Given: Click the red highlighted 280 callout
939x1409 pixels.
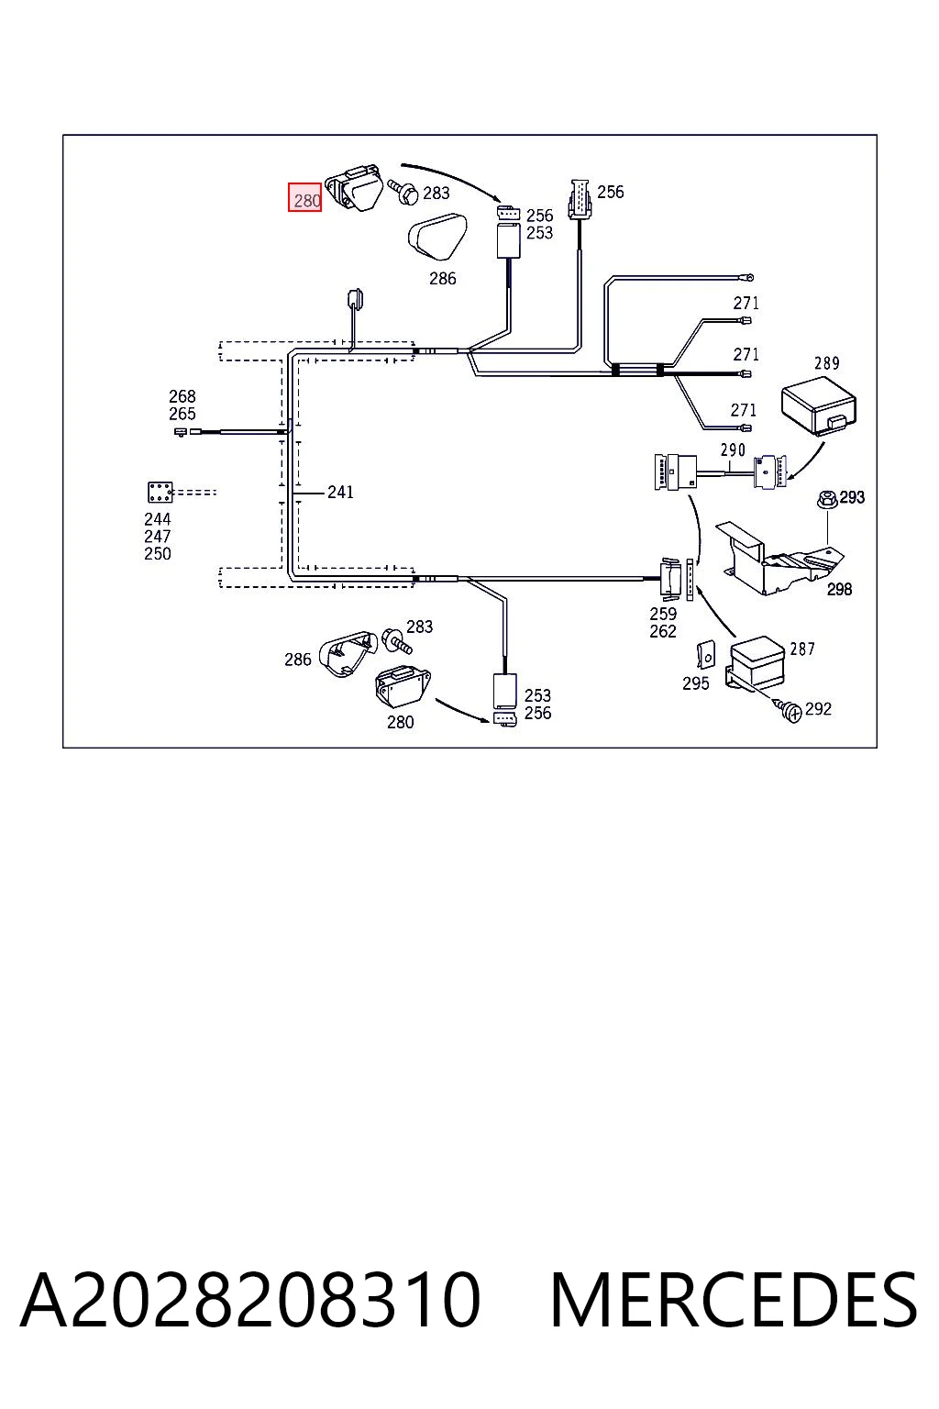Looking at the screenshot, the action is click(x=305, y=197).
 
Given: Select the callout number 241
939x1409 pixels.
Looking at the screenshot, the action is click(x=340, y=492).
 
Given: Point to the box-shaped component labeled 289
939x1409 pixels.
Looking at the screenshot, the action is click(x=818, y=405).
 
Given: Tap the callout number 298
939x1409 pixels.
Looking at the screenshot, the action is click(x=839, y=590).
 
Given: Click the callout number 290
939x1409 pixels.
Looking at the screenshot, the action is click(x=733, y=450).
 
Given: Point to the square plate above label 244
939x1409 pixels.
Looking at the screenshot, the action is click(x=160, y=492).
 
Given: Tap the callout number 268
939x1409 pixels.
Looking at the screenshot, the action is click(x=182, y=396).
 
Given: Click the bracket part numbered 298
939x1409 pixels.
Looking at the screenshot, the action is click(x=779, y=560).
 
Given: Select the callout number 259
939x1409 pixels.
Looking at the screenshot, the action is click(x=663, y=614).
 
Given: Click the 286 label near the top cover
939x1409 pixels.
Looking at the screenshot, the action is click(x=442, y=279).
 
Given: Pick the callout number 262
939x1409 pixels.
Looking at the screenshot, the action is click(x=663, y=631).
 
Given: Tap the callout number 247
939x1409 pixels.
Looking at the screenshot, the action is click(x=157, y=537).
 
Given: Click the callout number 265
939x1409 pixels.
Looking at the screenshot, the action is click(x=182, y=414).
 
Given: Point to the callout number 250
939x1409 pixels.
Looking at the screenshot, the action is click(x=157, y=553).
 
